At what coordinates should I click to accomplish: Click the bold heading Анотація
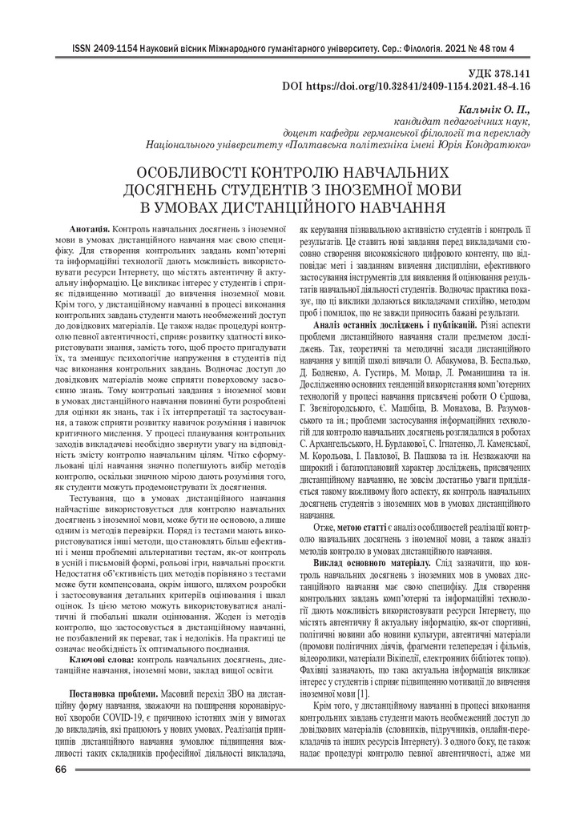point(90,229)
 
